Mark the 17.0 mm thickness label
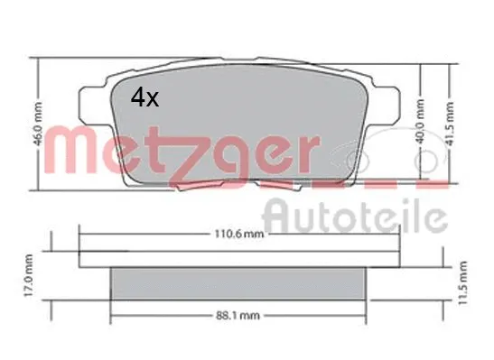28,279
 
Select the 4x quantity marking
144,97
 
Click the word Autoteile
354,217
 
